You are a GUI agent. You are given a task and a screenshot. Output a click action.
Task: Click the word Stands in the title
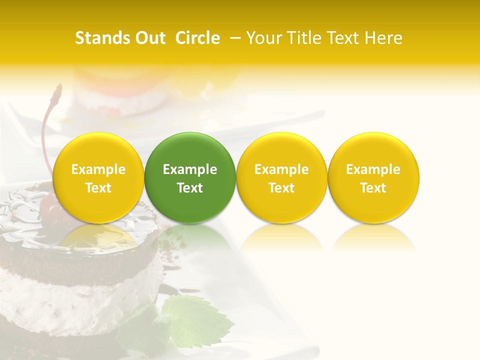(100, 38)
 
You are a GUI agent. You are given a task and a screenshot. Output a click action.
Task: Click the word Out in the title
(149, 38)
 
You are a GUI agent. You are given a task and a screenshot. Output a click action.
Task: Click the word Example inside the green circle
(190, 169)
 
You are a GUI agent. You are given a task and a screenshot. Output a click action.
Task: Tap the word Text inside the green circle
(190, 188)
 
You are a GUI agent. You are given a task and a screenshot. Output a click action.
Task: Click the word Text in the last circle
(373, 188)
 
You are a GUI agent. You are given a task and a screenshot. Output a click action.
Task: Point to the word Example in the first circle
(98, 169)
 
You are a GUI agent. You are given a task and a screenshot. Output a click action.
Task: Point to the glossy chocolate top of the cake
(30, 225)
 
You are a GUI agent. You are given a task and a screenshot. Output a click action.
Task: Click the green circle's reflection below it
(190, 237)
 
